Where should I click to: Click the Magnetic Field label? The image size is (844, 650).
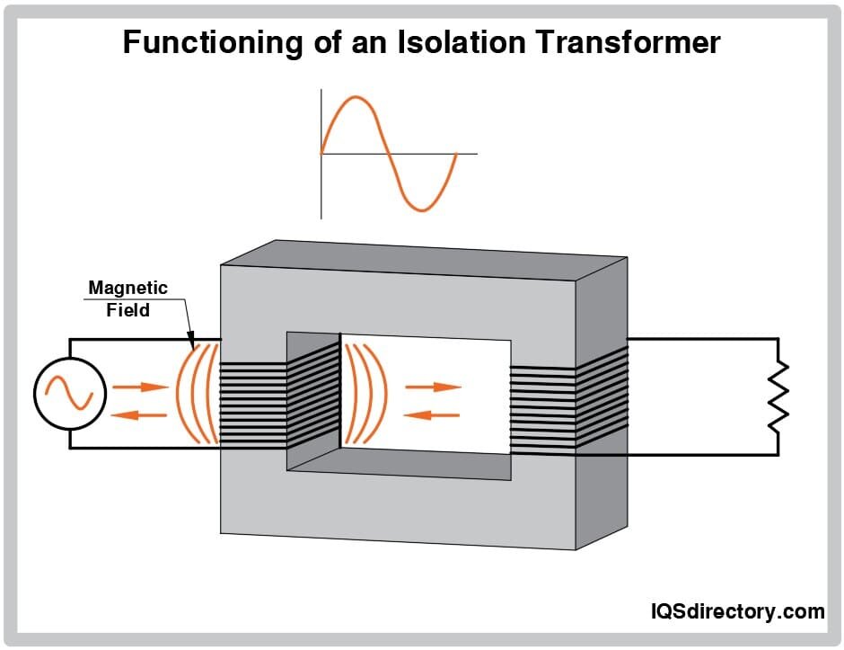[x=127, y=298]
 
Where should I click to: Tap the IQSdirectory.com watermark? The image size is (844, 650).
[x=736, y=611]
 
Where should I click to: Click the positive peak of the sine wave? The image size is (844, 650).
[x=356, y=97]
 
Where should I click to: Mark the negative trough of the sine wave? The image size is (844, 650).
[x=421, y=209]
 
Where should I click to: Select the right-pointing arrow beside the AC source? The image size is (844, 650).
[x=141, y=387]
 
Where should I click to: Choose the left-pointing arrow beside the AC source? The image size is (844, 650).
[x=140, y=414]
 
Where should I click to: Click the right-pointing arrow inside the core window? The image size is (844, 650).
[x=433, y=387]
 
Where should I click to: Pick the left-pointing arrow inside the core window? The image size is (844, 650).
[x=433, y=414]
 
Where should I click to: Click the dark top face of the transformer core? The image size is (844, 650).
[x=422, y=259]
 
